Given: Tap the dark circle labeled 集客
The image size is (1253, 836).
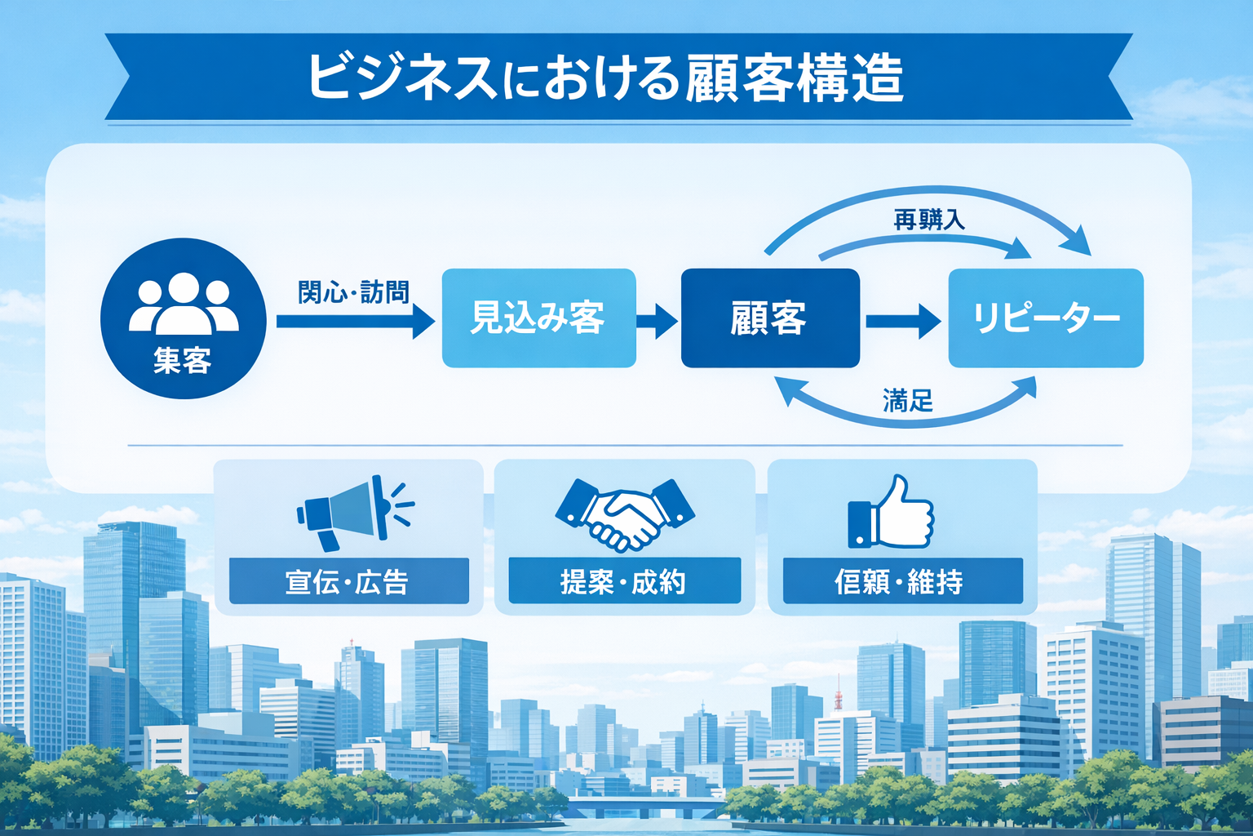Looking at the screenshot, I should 183,318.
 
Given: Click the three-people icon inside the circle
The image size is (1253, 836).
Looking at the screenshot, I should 184,303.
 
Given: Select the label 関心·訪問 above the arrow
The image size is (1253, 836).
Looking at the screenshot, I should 352,291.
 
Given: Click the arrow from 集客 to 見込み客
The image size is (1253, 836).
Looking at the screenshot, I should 355,321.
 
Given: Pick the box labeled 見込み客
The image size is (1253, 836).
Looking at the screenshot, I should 538,318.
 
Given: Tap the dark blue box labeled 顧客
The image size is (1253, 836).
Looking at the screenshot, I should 769,318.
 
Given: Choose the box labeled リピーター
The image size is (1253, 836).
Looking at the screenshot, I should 1045,318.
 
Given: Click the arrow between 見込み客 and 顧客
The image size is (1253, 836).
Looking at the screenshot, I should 657,320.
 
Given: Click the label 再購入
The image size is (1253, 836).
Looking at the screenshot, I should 928,220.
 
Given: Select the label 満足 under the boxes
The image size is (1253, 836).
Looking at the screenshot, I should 907,401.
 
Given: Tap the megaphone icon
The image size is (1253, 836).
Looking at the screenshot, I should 351,511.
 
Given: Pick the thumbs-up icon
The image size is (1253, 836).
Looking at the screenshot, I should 892,514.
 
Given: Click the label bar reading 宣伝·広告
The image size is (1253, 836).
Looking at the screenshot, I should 348,581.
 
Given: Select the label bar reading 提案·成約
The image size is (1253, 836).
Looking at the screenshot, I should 624,581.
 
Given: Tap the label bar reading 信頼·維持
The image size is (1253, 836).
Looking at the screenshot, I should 902,581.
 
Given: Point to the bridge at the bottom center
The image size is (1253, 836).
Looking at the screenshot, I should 644,807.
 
